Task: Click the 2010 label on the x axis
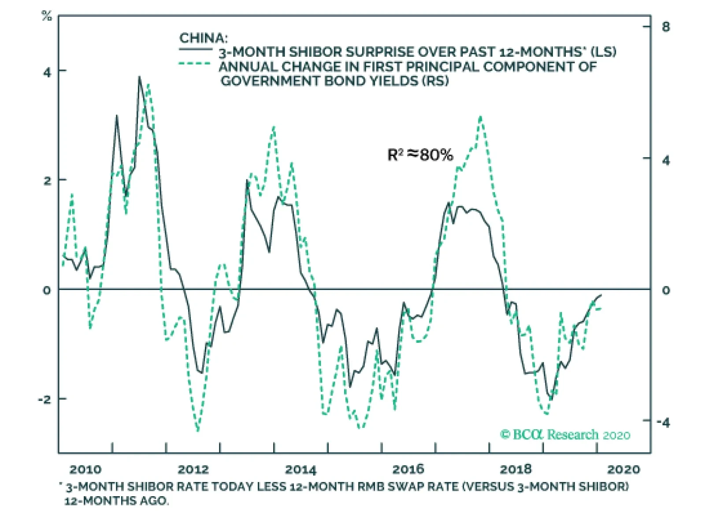85,470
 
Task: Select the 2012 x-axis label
193,470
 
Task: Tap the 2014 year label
301,470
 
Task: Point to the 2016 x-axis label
408,470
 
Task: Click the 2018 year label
516,470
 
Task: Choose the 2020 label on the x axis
623,470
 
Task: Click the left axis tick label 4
47,72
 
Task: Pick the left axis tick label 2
47,181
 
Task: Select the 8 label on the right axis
665,27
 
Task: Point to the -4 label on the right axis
663,423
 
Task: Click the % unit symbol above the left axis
47,17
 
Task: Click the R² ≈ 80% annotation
420,155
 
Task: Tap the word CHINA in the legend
203,38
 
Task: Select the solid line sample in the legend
195,49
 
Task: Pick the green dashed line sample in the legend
195,63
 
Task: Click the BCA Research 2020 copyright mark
565,435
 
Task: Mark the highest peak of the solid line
139,77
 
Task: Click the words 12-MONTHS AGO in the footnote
116,501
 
